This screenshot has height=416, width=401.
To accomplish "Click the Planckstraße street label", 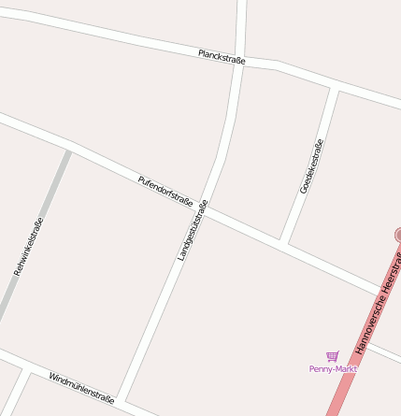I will coord(222,57).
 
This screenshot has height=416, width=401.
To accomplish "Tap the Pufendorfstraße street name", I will coord(165,190).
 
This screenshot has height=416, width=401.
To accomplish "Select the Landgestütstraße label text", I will coord(192,230).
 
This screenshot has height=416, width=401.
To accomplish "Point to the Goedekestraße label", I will coord(311,166).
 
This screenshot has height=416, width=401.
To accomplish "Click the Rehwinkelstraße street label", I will coord(28,247).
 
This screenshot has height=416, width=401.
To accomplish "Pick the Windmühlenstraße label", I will coord(81,386).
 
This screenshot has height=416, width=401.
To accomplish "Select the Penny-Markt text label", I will coord(333,368).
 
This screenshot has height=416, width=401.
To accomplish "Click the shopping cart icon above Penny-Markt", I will coord(332,356).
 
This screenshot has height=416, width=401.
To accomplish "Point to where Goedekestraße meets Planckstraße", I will coord(334,86).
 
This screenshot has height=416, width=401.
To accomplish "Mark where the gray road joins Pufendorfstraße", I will coord(68,150).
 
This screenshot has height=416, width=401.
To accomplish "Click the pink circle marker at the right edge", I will coord(399,235).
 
